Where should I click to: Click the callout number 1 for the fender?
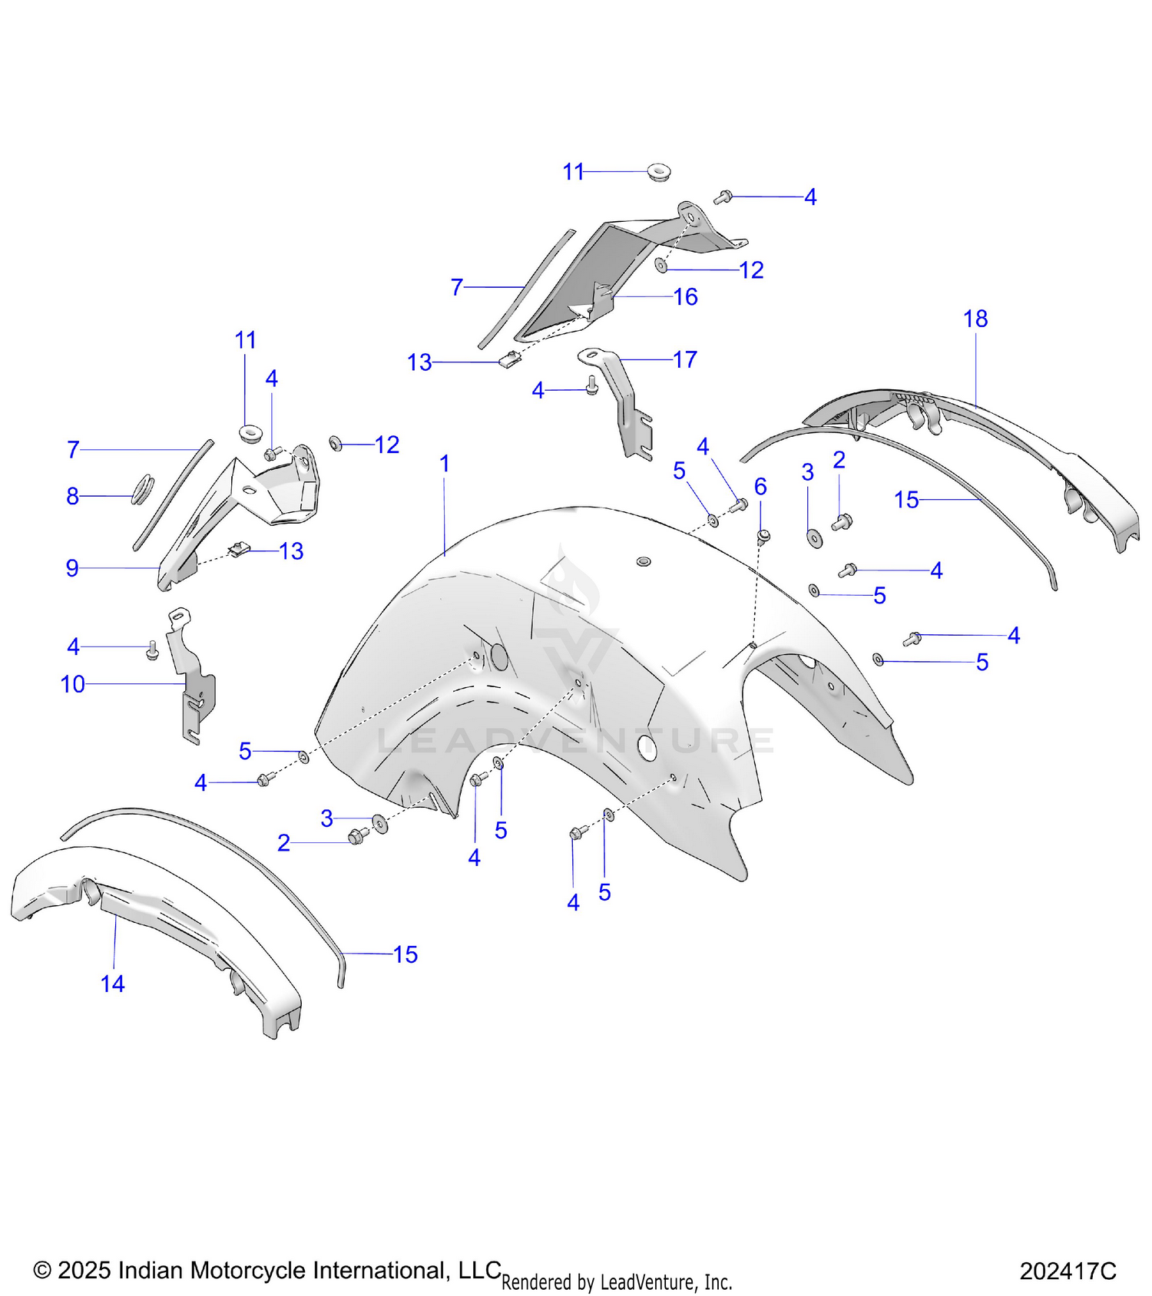click(444, 464)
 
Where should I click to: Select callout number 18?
click(975, 319)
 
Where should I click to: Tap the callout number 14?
click(112, 984)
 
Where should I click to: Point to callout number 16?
click(685, 296)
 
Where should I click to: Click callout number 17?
click(685, 359)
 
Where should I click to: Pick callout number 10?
click(73, 684)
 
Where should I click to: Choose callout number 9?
click(72, 568)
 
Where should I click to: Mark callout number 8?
click(72, 496)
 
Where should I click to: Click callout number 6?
click(760, 486)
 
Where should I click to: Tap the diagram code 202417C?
click(1068, 1271)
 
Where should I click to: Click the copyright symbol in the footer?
click(42, 1271)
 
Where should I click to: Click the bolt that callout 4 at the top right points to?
click(722, 197)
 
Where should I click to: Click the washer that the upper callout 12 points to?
click(660, 266)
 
